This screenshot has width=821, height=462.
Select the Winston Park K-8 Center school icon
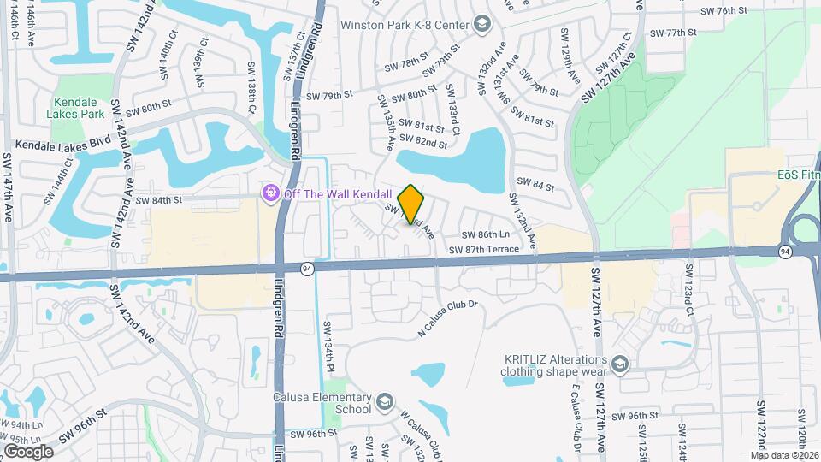481,24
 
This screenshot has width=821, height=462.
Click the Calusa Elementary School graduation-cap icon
385,400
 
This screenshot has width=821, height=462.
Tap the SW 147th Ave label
7,188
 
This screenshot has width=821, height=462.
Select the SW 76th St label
724,10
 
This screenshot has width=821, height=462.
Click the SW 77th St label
669,33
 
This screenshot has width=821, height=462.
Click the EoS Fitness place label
798,175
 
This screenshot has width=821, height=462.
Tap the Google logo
28,451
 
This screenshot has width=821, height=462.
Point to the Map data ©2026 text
785,455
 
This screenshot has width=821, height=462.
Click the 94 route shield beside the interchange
784,252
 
